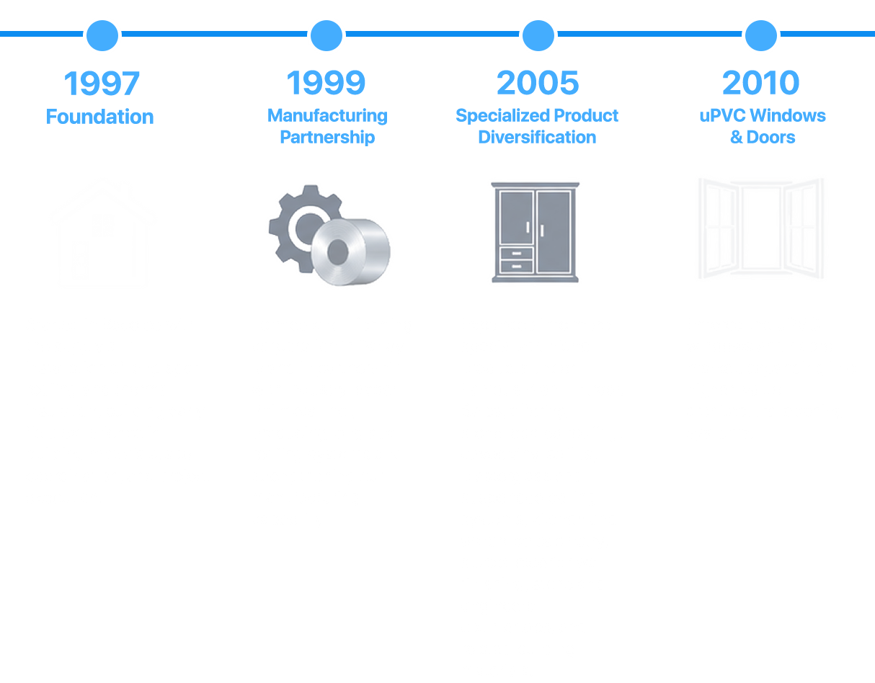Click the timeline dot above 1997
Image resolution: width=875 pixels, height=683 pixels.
pos(102,35)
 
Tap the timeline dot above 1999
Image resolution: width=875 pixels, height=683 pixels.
pos(327,35)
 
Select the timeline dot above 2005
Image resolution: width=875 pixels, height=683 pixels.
pos(538,35)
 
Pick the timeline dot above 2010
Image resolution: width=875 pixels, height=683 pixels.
pos(761,35)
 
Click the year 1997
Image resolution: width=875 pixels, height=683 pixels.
pos(102,84)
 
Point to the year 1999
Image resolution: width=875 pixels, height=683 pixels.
pos(326,83)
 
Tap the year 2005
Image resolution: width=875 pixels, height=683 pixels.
pos(538,83)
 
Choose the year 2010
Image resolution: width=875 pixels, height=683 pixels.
pos(760,83)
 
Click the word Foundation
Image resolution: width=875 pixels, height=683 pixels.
pos(100,117)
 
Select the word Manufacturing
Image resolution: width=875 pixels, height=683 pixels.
pos(327,116)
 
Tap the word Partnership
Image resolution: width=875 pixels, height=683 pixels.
pos(327,137)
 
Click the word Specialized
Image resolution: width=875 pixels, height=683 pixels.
pos(502,116)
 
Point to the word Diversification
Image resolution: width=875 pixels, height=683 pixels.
pos(537,137)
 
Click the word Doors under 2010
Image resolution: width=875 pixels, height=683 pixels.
pos(770,137)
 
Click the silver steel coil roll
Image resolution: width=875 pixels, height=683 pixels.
pos(351,252)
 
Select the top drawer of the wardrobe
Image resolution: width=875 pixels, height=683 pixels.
pos(516,253)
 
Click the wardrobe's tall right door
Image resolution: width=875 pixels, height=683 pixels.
pos(554,232)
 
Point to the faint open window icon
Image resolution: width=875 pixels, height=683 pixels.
pos(761,228)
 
